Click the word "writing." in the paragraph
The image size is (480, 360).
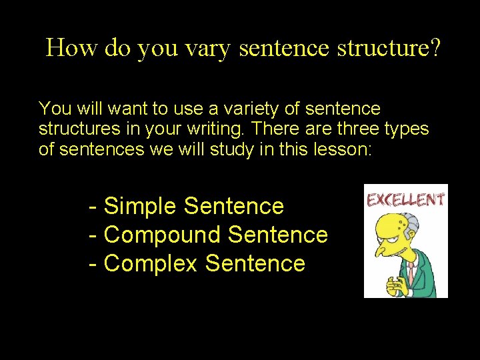pyautogui.click(x=219, y=128)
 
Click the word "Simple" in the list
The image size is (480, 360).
pyautogui.click(x=141, y=207)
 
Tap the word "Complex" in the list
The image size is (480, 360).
pyautogui.click(x=151, y=264)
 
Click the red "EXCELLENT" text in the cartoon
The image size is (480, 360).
pyautogui.click(x=405, y=199)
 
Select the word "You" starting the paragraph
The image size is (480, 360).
pyautogui.click(x=53, y=108)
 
